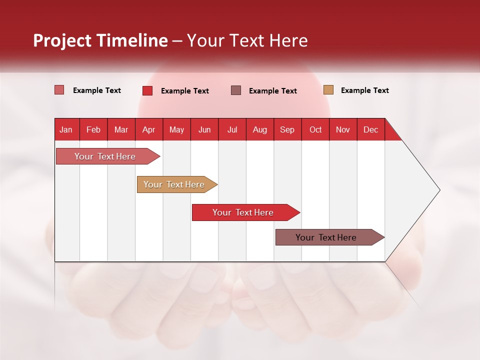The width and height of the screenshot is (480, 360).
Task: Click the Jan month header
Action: coord(66,130)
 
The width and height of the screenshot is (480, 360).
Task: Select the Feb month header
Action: coord(93,130)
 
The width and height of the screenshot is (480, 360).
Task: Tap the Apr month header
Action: coord(148,130)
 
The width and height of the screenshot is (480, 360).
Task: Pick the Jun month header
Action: coord(204,130)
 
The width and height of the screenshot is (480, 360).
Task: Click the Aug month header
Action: coord(259,130)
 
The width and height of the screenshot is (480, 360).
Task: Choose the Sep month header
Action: coord(287,130)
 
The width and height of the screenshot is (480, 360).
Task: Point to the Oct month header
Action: coord(315,130)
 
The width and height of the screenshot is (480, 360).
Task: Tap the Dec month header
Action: coord(370,130)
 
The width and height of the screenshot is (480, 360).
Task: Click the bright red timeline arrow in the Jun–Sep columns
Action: coord(243,212)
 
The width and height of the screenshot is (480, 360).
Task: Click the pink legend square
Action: coord(59,90)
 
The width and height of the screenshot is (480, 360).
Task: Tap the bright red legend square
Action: coord(147,90)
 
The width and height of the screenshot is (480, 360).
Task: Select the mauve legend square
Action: coord(236,90)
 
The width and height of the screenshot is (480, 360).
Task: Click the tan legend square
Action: coord(328,90)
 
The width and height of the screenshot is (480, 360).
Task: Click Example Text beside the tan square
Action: coord(364,90)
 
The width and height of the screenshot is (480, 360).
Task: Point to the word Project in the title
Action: coord(62,40)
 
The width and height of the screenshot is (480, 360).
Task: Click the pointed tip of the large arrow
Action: coord(438,190)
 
